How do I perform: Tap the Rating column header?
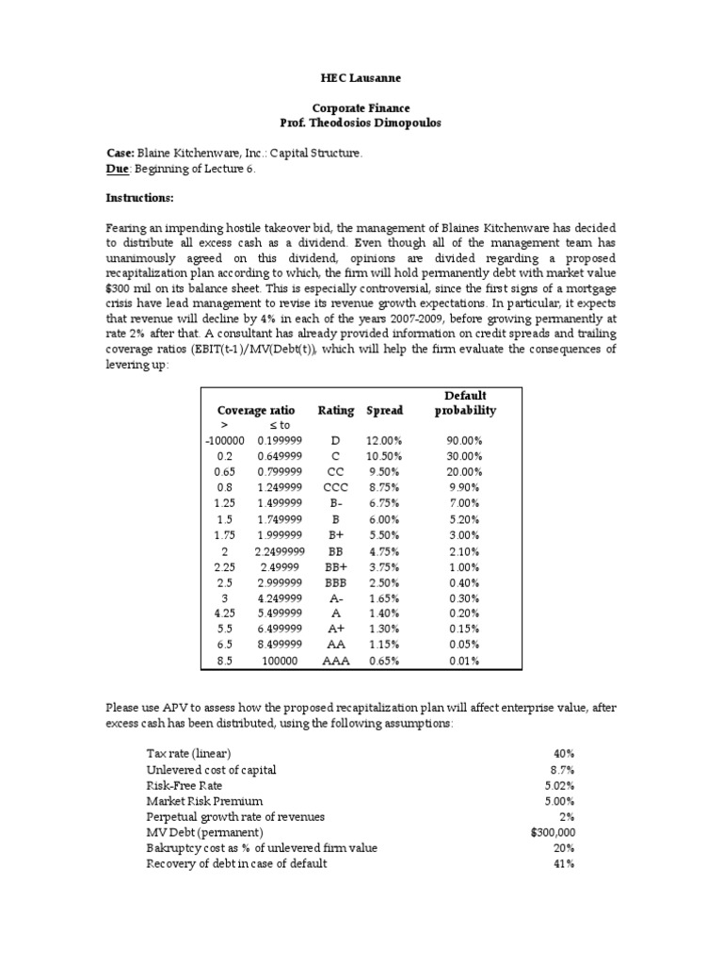point(336,410)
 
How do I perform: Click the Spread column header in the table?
point(384,410)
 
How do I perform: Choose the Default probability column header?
point(465,402)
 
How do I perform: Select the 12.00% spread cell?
point(384,441)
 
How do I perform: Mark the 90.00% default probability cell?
point(465,441)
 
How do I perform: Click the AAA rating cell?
point(336,661)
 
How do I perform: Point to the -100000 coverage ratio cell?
point(224,441)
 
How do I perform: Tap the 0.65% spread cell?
point(384,661)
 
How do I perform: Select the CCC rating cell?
point(336,487)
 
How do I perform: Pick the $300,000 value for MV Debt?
point(554,832)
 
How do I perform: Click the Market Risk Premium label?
point(192,801)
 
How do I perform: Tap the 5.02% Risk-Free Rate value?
point(558,785)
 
